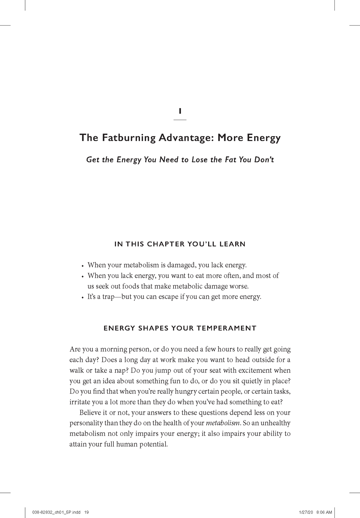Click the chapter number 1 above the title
click(x=180, y=112)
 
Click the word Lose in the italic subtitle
click(x=199, y=159)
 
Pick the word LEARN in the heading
click(x=233, y=244)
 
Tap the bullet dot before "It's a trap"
click(x=83, y=298)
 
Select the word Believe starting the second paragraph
click(x=90, y=413)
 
